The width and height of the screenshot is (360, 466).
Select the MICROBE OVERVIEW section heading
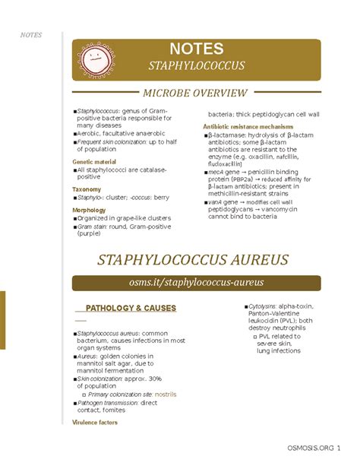coord(197,93)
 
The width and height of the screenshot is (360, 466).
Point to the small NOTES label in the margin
coord(31,35)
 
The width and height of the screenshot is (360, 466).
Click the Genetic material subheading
coord(94,162)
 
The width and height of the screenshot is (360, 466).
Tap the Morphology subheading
coord(90,210)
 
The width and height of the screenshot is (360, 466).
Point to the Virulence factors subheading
coord(95,422)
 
